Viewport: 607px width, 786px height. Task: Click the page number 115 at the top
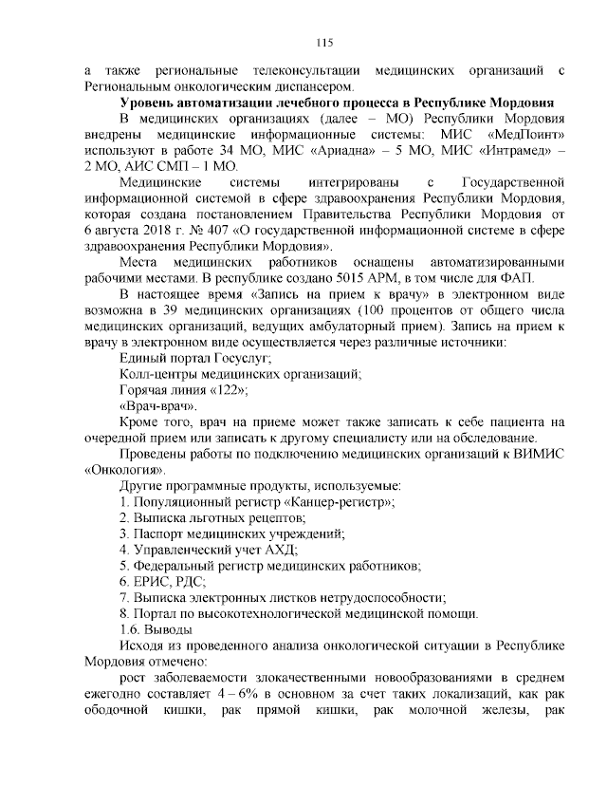pos(323,42)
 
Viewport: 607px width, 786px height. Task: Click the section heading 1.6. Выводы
pos(156,630)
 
